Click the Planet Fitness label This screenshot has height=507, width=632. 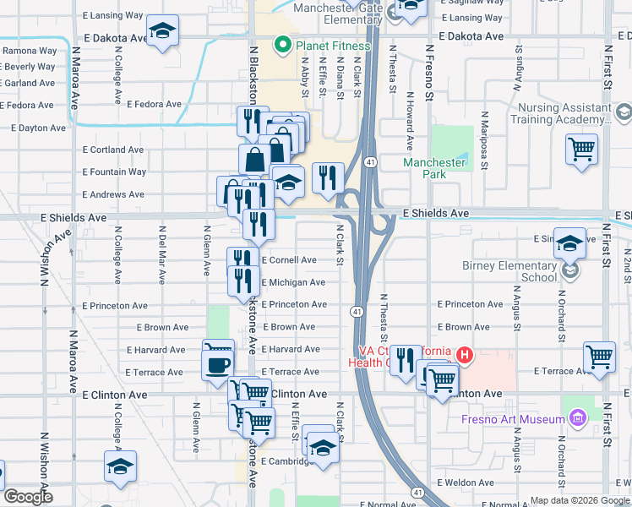point(331,46)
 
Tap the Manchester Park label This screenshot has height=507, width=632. point(434,168)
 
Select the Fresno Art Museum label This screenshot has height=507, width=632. point(513,419)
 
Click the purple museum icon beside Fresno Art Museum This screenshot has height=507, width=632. point(578,417)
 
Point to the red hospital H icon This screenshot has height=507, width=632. point(463,356)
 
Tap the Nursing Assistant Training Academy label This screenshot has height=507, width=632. point(564,115)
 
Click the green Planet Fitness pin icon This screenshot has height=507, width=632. point(281,46)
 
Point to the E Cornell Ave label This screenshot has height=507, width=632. point(289,260)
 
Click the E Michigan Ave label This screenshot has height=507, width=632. point(293,282)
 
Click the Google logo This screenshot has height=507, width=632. point(28,496)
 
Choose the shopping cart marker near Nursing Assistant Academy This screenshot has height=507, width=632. point(582,150)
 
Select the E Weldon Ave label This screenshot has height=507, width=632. point(466,482)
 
